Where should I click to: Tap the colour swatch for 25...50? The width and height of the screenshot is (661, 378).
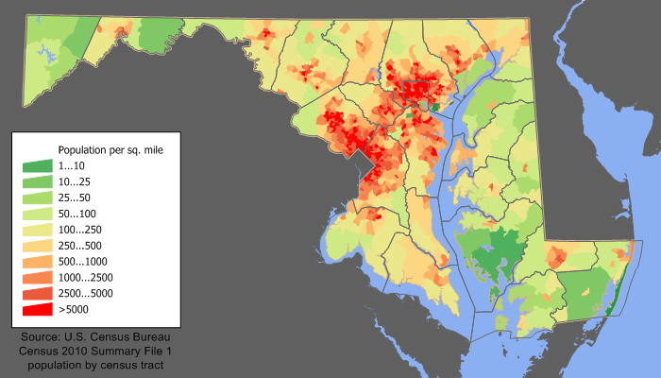pyautogui.click(x=38, y=198)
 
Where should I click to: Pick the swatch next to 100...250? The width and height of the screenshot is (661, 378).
pyautogui.click(x=38, y=230)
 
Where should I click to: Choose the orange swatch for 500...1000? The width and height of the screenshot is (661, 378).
pyautogui.click(x=38, y=262)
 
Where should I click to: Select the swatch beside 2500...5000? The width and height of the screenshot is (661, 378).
pyautogui.click(x=38, y=294)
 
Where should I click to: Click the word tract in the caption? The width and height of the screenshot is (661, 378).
pyautogui.click(x=153, y=365)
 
